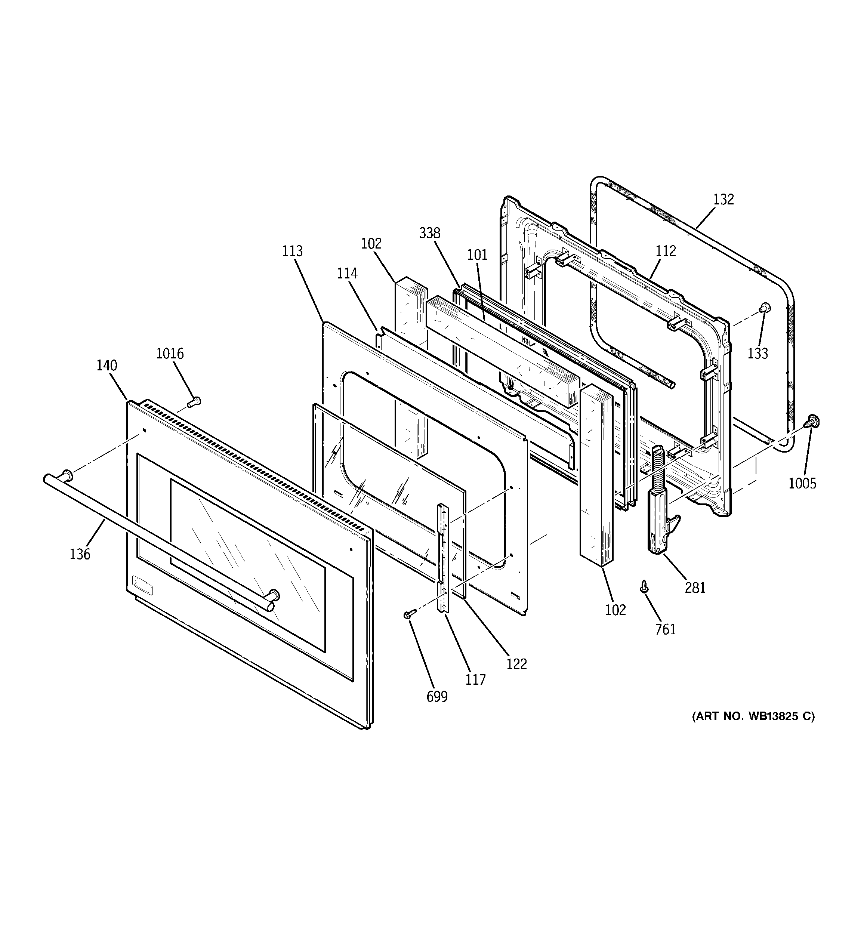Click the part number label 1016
pyautogui.click(x=169, y=354)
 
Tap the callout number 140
pyautogui.click(x=107, y=366)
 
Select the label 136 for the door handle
pyautogui.click(x=80, y=554)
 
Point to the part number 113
pyautogui.click(x=292, y=251)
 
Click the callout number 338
pyautogui.click(x=429, y=233)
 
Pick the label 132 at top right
pyautogui.click(x=723, y=200)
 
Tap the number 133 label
pyautogui.click(x=758, y=354)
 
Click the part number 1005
pyautogui.click(x=802, y=484)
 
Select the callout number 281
pyautogui.click(x=695, y=588)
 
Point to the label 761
pyautogui.click(x=665, y=629)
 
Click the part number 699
pyautogui.click(x=437, y=697)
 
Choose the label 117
pyautogui.click(x=475, y=680)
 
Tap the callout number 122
pyautogui.click(x=516, y=664)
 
